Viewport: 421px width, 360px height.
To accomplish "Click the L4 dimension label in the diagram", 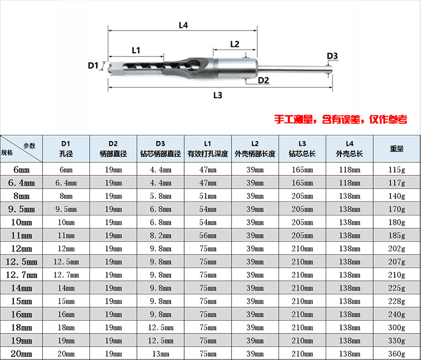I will coord(183,25).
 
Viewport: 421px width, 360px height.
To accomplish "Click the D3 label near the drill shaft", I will coord(332,56).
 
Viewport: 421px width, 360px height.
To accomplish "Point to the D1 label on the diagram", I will coord(93,65).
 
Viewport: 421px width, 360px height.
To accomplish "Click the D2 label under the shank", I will coord(264,80).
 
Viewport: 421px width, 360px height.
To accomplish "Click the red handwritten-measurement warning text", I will coord(340,119).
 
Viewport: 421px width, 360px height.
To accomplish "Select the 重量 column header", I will coord(397,149).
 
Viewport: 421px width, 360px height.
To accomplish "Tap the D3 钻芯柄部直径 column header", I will coord(161,149).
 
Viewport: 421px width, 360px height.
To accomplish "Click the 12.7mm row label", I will coord(22,275).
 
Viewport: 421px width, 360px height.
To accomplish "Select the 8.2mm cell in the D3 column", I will coord(161,235).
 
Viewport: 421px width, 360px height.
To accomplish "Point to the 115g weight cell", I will coord(397,169).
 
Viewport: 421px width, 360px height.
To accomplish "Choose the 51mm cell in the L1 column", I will coord(207,196).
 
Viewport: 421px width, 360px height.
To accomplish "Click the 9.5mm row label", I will coord(22,209).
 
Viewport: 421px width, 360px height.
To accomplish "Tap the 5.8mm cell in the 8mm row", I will coord(161,196).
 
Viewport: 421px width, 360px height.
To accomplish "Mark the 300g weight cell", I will coord(397,327).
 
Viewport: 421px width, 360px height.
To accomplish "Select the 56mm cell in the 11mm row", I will coord(207,235).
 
